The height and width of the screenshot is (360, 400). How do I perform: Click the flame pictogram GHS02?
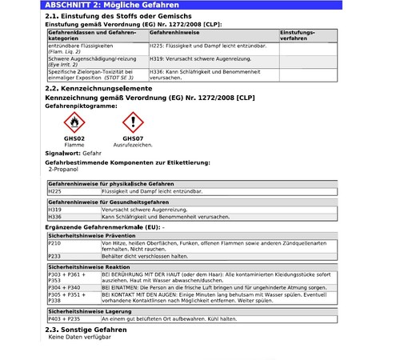[x=74, y=122]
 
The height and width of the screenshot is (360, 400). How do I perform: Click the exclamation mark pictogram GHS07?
[x=133, y=122]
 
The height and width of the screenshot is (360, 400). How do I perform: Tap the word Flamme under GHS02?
[x=74, y=144]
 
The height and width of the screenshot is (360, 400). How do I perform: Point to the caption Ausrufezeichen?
[x=133, y=144]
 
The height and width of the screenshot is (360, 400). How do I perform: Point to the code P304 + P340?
[x=64, y=286]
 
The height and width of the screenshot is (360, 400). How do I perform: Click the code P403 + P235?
[x=64, y=318]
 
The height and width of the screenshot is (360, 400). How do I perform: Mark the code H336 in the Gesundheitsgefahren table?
[x=55, y=216]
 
